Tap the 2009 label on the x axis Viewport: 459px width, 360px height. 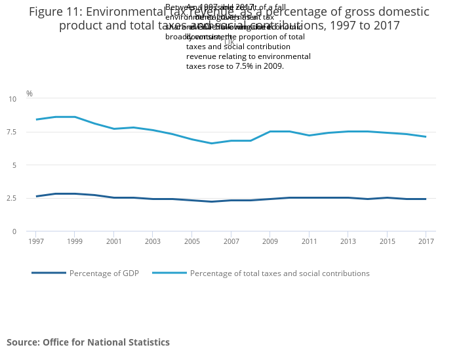click(269, 242)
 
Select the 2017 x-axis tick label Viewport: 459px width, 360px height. click(426, 242)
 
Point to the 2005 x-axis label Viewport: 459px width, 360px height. click(191, 242)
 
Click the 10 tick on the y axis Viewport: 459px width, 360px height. click(12, 99)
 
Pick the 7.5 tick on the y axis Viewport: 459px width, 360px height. click(12, 132)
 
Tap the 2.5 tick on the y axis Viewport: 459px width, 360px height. click(12, 198)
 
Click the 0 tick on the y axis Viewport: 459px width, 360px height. click(14, 231)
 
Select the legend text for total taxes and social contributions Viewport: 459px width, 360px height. click(279, 273)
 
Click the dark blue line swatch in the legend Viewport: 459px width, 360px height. click(49, 273)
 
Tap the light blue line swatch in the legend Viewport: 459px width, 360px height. click(169, 273)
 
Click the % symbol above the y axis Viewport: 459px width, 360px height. click(29, 94)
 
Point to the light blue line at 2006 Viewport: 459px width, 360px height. click(211, 143)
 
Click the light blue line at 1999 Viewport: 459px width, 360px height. click(75, 117)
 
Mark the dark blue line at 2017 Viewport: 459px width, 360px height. click(426, 199)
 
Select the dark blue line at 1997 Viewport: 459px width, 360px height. click(36, 196)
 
